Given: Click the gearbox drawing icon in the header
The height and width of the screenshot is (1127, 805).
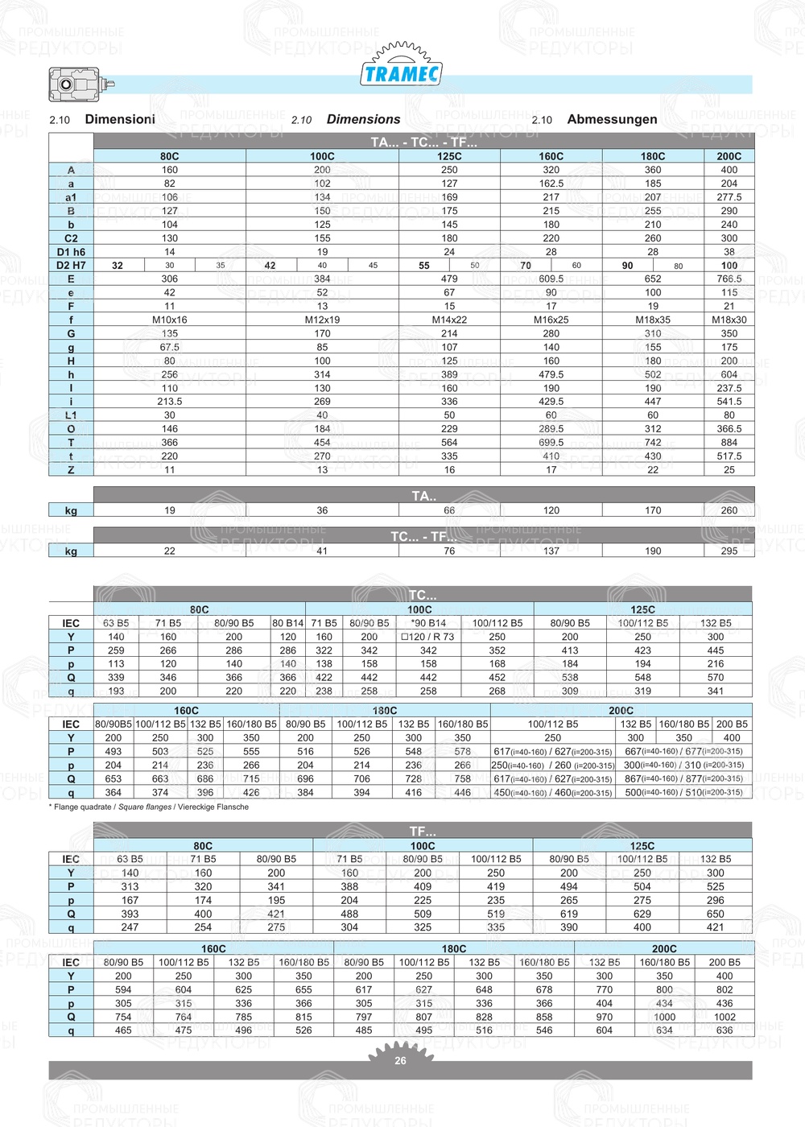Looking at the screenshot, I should (x=80, y=84).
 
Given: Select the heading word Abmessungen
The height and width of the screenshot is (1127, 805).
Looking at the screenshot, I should (x=612, y=119).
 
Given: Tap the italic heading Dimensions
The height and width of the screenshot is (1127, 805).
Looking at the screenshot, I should (x=363, y=119).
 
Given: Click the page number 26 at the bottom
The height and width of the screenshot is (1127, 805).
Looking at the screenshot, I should (x=400, y=1061).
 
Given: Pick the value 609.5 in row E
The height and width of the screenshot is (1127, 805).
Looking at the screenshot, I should (x=551, y=279).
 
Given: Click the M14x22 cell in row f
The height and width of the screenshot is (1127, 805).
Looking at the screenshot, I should (x=449, y=320).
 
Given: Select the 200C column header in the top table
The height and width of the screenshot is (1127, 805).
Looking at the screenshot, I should (x=729, y=157).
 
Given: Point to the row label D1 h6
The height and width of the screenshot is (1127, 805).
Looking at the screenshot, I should (x=71, y=252).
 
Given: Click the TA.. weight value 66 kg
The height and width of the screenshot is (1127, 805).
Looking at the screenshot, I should (x=449, y=510).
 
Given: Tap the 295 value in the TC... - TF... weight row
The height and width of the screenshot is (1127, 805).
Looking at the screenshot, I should (x=729, y=551).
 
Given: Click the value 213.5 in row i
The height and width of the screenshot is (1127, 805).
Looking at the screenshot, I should (x=169, y=402).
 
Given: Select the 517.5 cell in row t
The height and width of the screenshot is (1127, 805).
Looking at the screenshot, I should (x=729, y=456).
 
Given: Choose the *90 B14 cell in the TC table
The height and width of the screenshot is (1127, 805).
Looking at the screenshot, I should (x=428, y=623).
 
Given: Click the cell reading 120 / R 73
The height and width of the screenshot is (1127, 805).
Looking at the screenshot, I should (x=428, y=637).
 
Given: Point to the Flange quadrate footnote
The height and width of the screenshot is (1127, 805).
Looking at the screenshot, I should (x=149, y=807).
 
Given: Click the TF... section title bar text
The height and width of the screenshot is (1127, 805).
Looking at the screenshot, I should (x=423, y=831).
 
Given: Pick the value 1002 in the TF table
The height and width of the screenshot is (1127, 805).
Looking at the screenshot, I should (x=724, y=1018).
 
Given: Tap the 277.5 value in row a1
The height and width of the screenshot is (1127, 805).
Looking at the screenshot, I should (x=729, y=197).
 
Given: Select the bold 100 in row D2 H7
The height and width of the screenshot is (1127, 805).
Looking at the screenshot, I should (x=729, y=266).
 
